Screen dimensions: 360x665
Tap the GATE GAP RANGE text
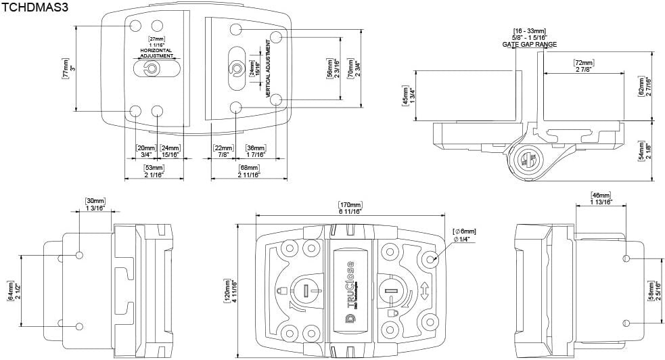point(530,44)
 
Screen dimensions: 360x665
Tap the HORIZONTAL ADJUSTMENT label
point(157,53)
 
